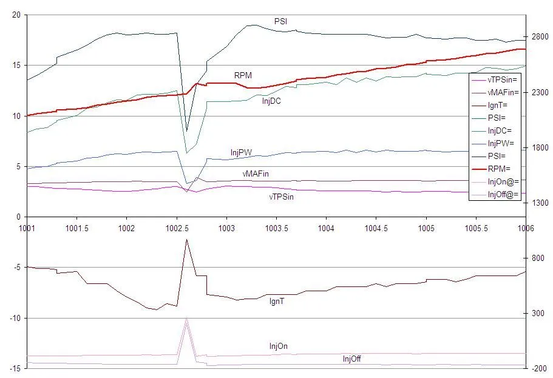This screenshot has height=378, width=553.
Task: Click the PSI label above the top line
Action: pos(281,22)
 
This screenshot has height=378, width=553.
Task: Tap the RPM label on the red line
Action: pos(243,75)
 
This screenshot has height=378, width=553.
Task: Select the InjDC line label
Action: pos(271,101)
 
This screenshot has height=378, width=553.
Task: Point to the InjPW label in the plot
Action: pos(241,152)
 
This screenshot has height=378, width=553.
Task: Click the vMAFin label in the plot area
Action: pos(255,174)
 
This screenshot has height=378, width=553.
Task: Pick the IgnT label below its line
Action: pos(277,301)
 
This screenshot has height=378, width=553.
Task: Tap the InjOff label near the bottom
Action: pos(351,359)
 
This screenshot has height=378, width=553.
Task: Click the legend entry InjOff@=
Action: pos(504,195)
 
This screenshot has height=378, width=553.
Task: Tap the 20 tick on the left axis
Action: pos(16,15)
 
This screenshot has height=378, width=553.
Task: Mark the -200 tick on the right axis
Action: pos(540,368)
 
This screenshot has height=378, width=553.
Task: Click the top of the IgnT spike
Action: pos(186,240)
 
